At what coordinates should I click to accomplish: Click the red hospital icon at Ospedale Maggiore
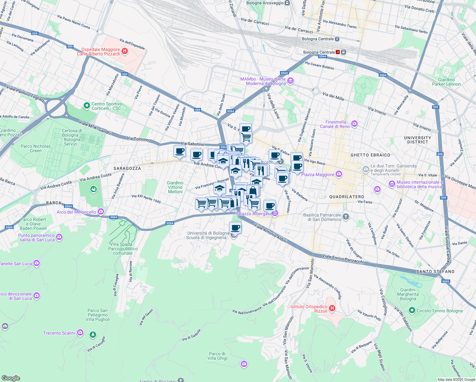125,51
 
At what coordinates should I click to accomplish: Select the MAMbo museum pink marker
290,81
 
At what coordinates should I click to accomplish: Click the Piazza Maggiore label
318,174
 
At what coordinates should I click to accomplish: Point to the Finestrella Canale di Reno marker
354,124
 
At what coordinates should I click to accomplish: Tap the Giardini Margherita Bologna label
408,294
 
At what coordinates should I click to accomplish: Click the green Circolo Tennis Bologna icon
412,310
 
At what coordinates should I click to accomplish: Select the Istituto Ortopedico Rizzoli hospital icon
332,308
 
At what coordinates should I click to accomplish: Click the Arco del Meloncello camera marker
101,212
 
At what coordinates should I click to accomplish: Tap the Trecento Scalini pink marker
80,333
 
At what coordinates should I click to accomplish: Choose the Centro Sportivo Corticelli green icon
86,106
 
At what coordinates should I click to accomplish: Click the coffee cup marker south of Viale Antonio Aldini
235,228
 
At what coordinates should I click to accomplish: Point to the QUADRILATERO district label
346,197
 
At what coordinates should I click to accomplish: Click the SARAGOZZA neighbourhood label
127,168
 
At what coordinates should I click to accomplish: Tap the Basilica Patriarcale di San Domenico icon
346,217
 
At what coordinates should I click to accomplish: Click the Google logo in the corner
11,378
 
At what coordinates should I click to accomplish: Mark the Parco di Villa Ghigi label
217,356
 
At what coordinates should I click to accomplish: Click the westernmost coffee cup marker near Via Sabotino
179,151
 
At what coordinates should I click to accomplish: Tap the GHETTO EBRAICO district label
370,155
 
